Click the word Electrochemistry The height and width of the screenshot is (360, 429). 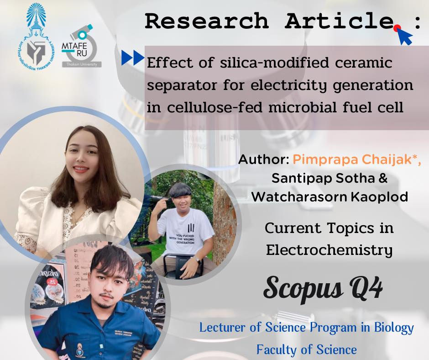tap(329, 250)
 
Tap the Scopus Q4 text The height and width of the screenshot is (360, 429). tap(323, 287)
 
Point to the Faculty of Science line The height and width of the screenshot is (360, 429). tap(306, 349)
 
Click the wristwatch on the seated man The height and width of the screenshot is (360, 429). tap(197, 259)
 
